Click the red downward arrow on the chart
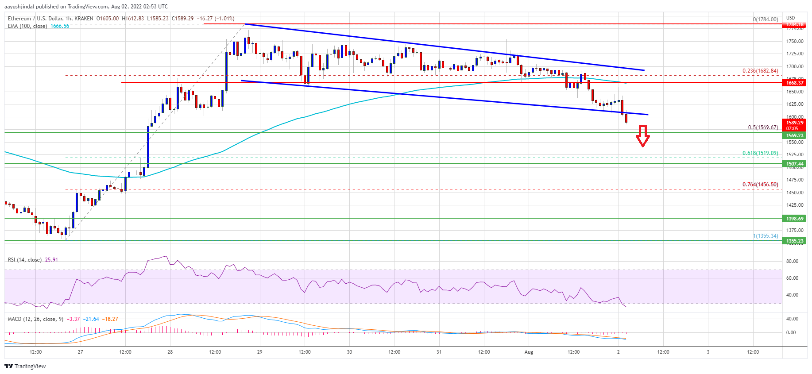pyautogui.click(x=642, y=136)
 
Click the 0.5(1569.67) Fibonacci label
pyautogui.click(x=763, y=127)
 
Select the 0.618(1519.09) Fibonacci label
pyautogui.click(x=760, y=153)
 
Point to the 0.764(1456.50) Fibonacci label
pyautogui.click(x=760, y=185)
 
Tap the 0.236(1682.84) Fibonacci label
pyautogui.click(x=760, y=71)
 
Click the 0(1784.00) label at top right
pyautogui.click(x=765, y=19)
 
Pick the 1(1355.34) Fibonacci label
pyautogui.click(x=766, y=236)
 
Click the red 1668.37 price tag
pyautogui.click(x=795, y=83)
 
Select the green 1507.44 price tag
pyautogui.click(x=795, y=164)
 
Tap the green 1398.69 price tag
pyautogui.click(x=795, y=219)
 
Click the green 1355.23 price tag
pyautogui.click(x=795, y=241)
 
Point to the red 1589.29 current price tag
pyautogui.click(x=795, y=123)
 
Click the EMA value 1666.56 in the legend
pyautogui.click(x=60, y=26)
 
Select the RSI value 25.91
pyautogui.click(x=52, y=260)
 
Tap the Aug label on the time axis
pyautogui.click(x=529, y=352)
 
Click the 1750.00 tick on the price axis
pyautogui.click(x=795, y=41)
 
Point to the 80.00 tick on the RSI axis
pyautogui.click(x=792, y=261)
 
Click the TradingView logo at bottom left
pyautogui.click(x=25, y=366)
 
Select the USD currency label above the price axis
pyautogui.click(x=790, y=18)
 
